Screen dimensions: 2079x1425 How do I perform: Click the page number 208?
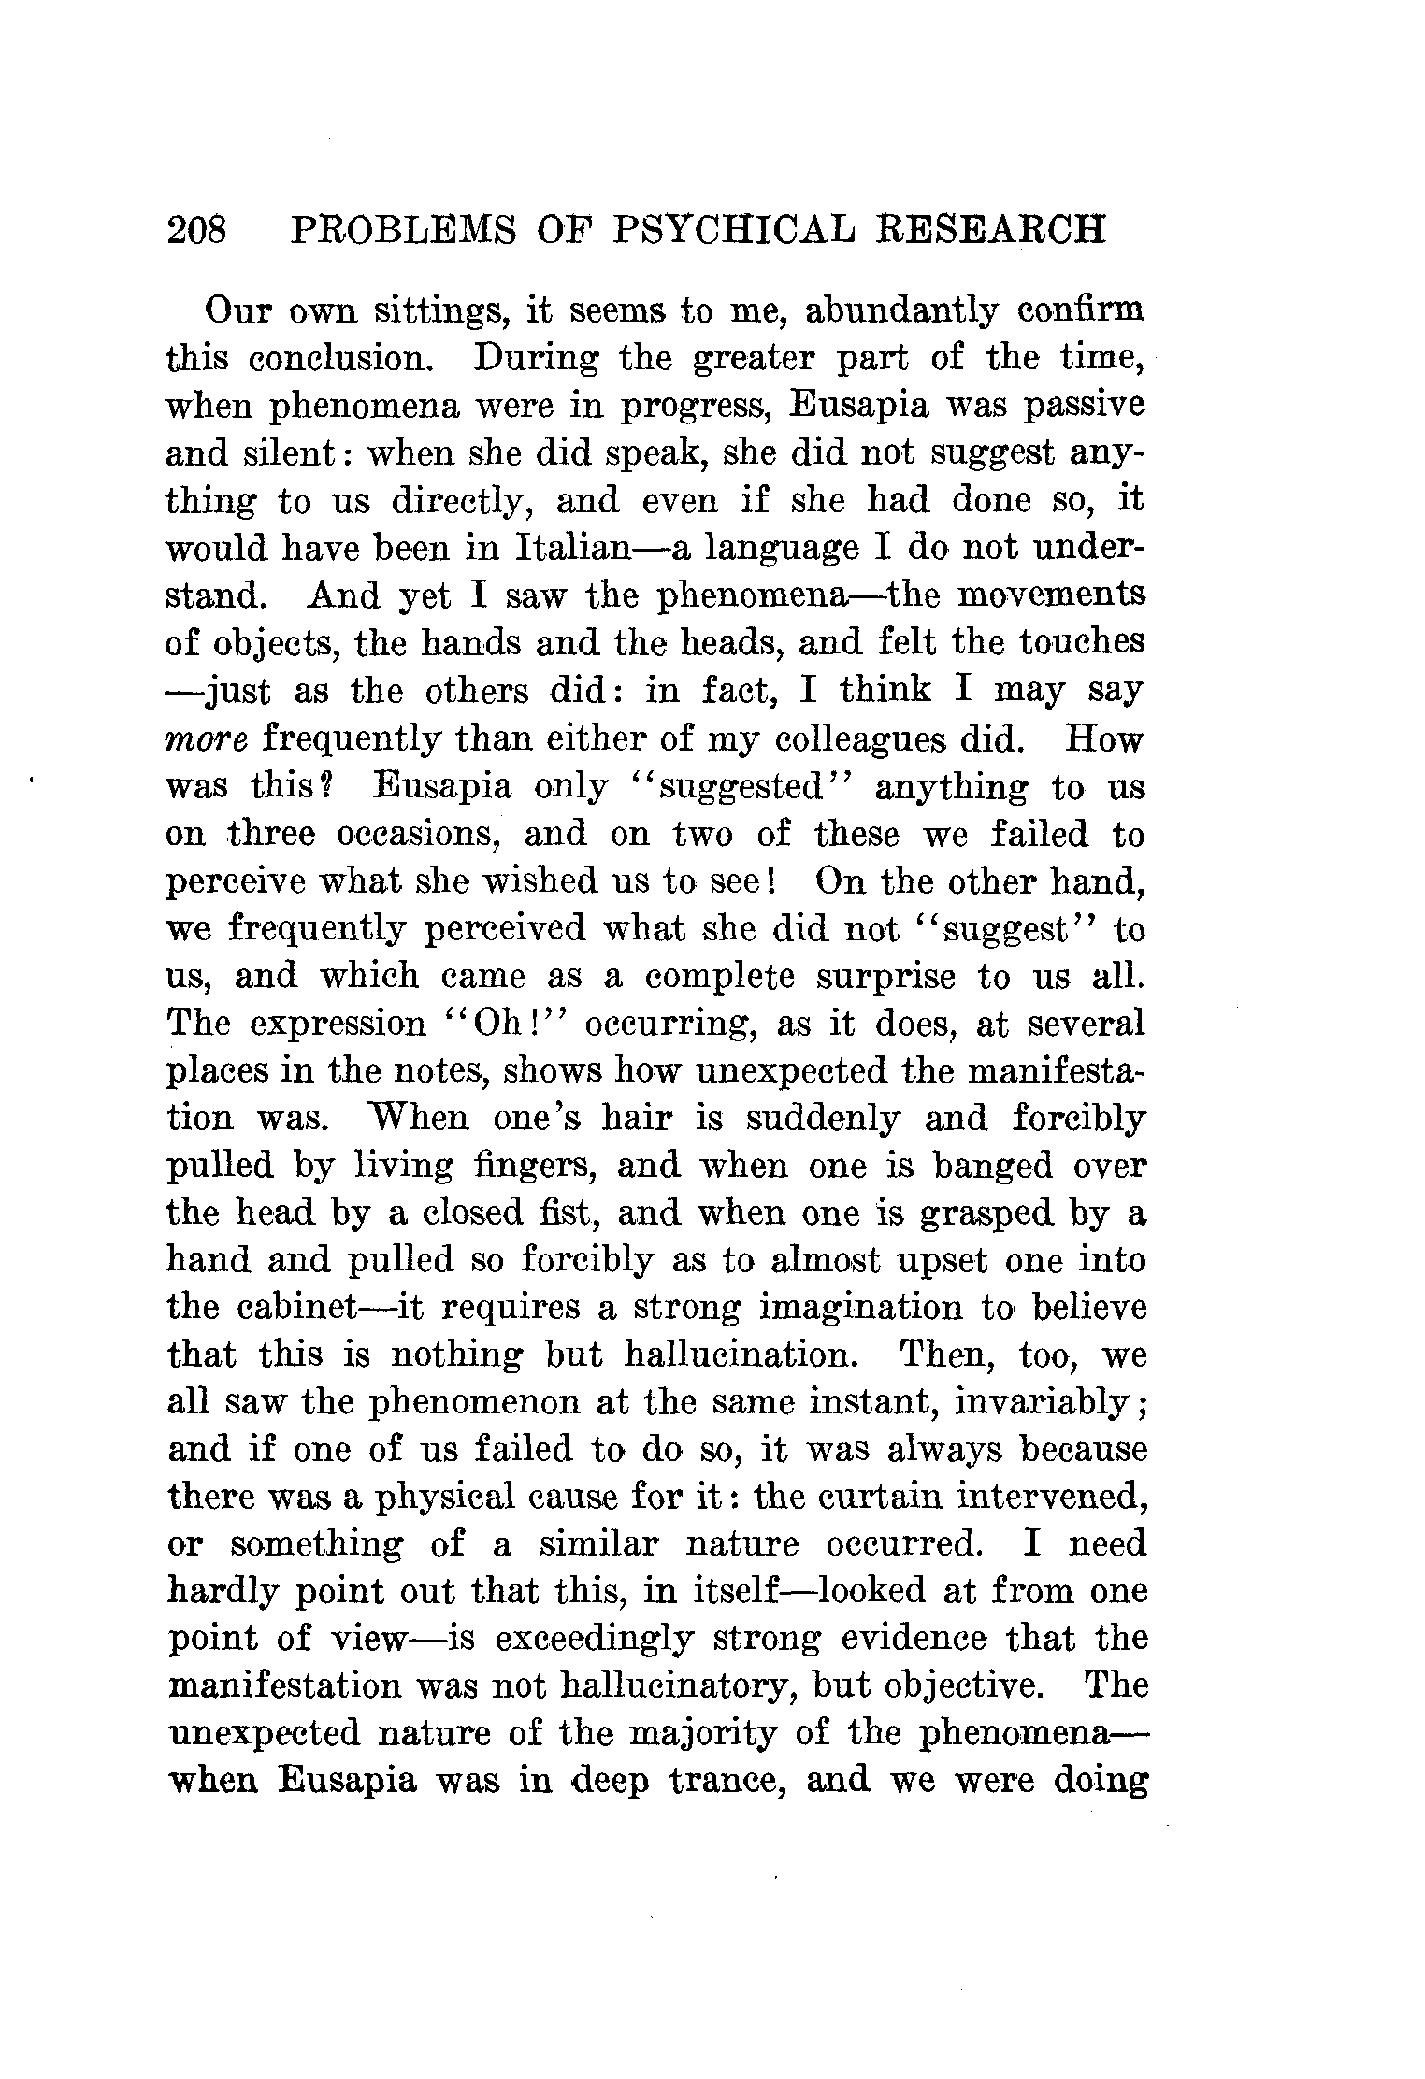pyautogui.click(x=196, y=230)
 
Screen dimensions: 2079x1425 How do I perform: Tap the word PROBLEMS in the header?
pyautogui.click(x=401, y=230)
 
